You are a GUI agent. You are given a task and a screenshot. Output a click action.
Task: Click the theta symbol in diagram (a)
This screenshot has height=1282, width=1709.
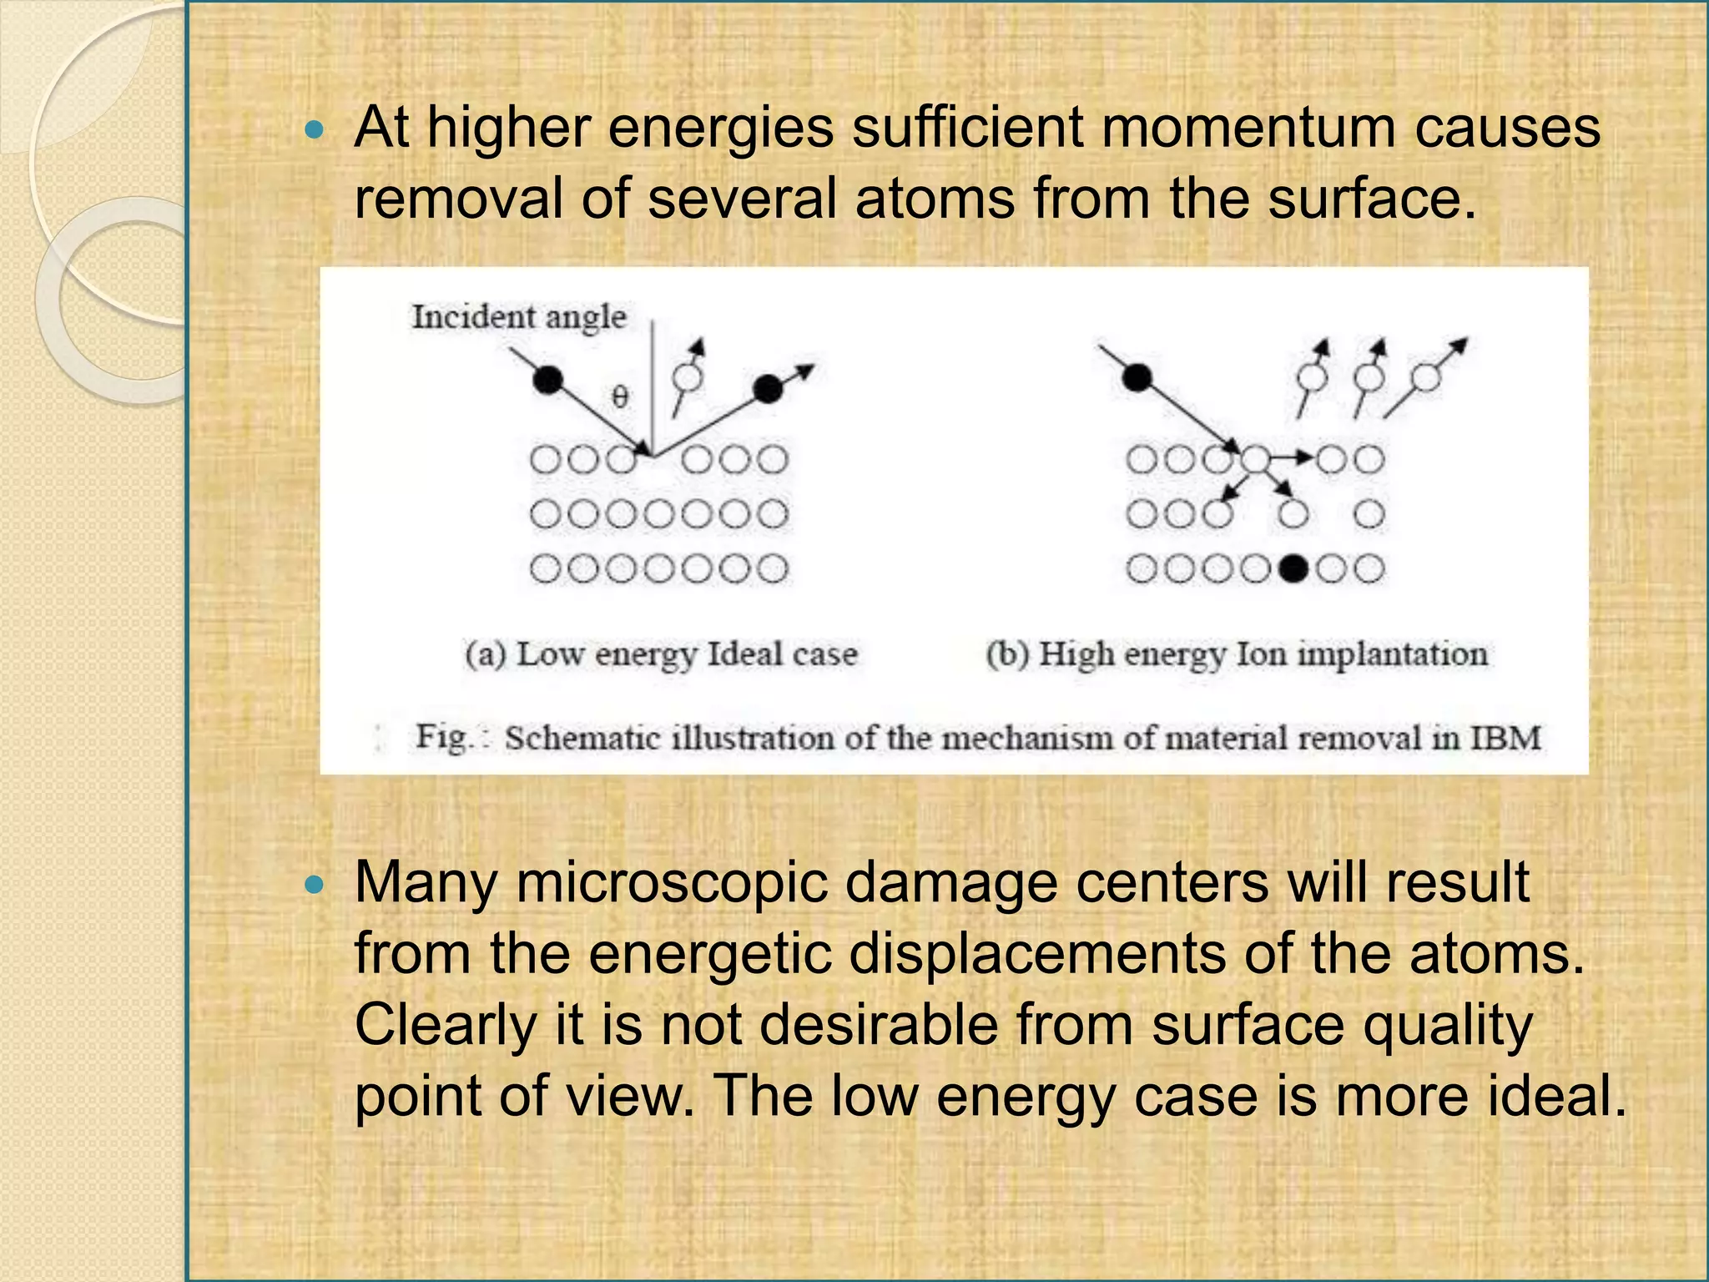point(619,396)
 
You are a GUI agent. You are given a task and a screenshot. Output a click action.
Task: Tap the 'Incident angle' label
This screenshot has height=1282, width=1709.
point(518,317)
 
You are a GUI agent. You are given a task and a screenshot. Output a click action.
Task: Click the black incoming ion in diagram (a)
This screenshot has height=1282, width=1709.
point(547,381)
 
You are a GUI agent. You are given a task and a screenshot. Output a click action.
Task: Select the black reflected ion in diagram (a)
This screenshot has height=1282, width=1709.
point(768,388)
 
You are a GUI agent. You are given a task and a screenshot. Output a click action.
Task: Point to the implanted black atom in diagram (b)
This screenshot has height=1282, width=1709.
point(1293,569)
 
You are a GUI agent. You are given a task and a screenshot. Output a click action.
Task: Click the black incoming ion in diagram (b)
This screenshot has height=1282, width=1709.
point(1137,378)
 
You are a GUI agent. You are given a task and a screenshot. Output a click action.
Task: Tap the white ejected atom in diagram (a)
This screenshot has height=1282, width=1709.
point(688,378)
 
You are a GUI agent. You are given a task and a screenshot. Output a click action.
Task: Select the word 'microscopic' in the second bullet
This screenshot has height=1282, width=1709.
point(673,882)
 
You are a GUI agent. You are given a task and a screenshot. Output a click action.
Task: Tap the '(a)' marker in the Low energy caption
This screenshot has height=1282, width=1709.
point(486,654)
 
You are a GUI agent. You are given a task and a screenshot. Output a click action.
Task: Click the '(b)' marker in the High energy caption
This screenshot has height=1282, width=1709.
point(1007,654)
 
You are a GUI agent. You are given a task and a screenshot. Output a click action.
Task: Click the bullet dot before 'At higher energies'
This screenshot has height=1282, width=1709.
point(314,129)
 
